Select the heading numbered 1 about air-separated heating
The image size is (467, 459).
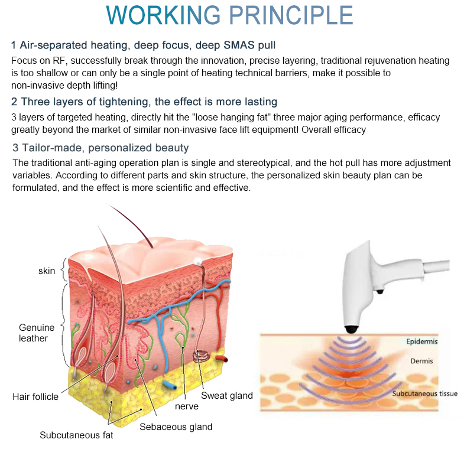point(143,45)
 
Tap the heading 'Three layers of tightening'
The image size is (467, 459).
point(144,102)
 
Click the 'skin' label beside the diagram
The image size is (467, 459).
point(47,271)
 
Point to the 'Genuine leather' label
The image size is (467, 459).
point(37,333)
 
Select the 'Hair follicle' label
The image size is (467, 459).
point(35,396)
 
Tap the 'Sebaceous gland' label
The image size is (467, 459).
point(176,427)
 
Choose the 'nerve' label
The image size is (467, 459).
point(187,406)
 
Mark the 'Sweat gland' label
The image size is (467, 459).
point(227,396)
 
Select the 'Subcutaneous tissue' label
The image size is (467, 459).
point(425,393)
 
